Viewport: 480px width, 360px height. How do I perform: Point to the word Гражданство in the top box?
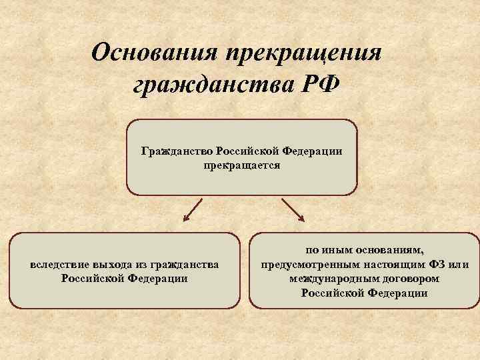coord(175,151)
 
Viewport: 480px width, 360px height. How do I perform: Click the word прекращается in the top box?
coord(242,164)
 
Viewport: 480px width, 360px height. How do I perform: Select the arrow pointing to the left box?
coord(193,209)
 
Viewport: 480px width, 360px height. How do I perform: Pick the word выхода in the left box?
coord(111,265)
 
